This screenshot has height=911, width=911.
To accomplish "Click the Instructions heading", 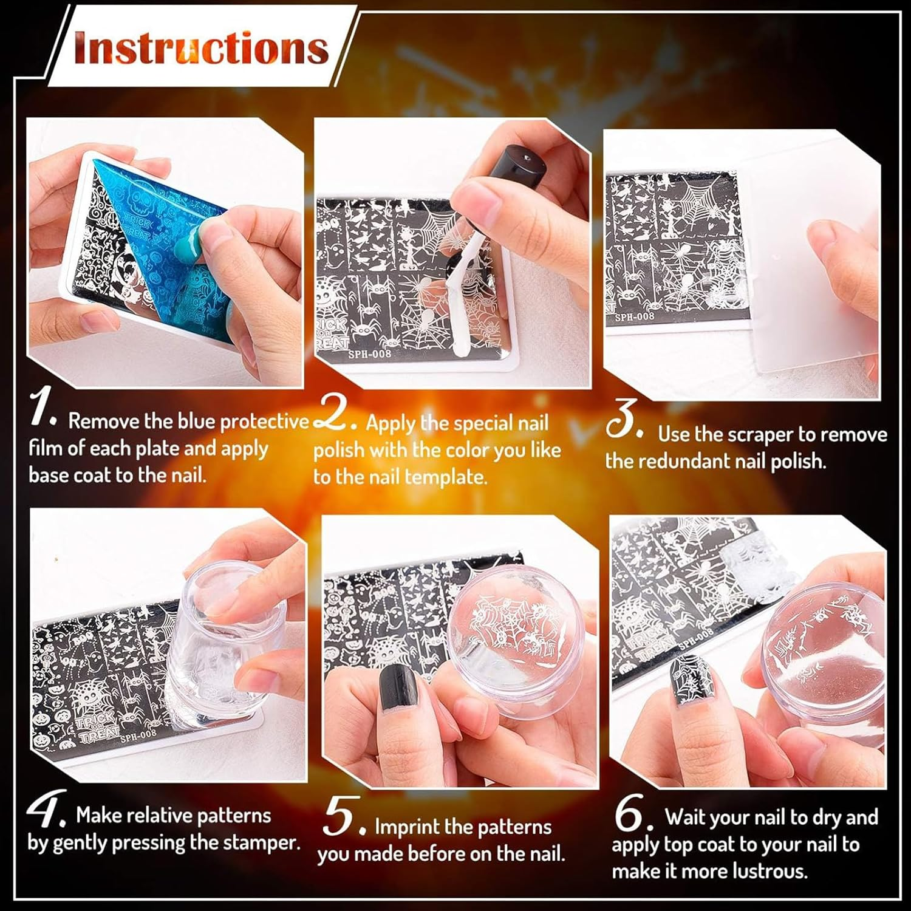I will point(200,49).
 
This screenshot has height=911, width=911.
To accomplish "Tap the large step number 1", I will point(43,408).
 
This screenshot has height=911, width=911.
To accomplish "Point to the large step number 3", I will point(623,418).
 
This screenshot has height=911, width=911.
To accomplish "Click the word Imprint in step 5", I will point(407,827).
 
